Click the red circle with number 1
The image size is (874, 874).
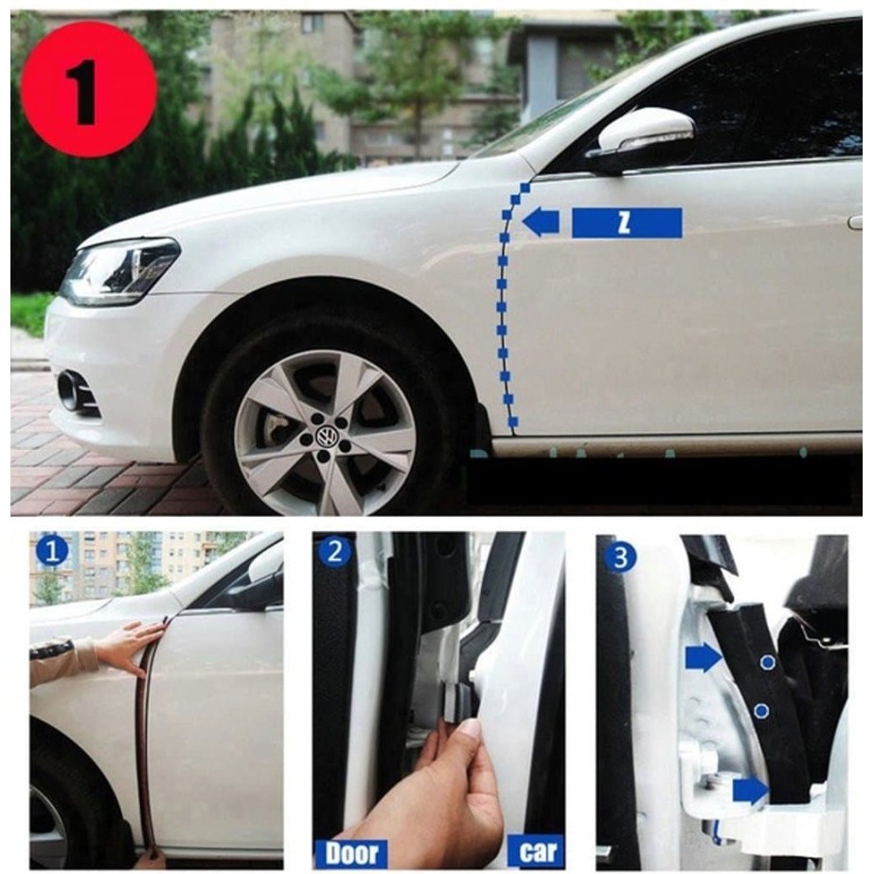pyautogui.click(x=89, y=90)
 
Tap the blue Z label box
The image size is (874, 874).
pyautogui.click(x=627, y=223)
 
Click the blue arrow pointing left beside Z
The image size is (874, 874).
pyautogui.click(x=541, y=222)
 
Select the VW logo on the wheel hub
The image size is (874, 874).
pyautogui.click(x=325, y=436)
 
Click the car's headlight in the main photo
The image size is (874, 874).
pyautogui.click(x=120, y=271)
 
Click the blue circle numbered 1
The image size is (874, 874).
pyautogui.click(x=52, y=552)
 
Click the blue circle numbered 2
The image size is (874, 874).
pyautogui.click(x=334, y=551)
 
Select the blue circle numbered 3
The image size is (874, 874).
pyautogui.click(x=619, y=558)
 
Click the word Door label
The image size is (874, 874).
pyautogui.click(x=351, y=853)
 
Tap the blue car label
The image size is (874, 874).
pyautogui.click(x=537, y=851)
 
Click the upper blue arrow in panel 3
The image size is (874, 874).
pyautogui.click(x=704, y=657)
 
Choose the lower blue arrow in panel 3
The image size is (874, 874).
pyautogui.click(x=751, y=791)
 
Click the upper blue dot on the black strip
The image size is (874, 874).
pyautogui.click(x=768, y=662)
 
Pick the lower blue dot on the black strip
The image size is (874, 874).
pyautogui.click(x=761, y=711)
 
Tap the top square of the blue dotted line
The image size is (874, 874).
pyautogui.click(x=525, y=186)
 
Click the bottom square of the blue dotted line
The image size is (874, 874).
pyautogui.click(x=513, y=422)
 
